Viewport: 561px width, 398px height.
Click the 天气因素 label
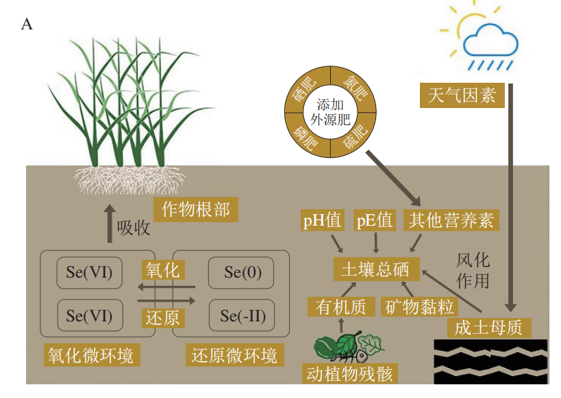pyautogui.click(x=461, y=94)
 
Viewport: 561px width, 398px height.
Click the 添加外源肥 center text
pyautogui.click(x=331, y=112)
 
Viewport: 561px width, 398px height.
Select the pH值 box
pyautogui.click(x=322, y=221)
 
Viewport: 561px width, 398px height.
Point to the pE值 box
pyautogui.click(x=375, y=221)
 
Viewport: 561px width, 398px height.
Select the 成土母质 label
pyautogui.click(x=488, y=328)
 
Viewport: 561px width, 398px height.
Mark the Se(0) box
pyautogui.click(x=242, y=273)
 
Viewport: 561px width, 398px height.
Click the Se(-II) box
pyautogui.click(x=242, y=316)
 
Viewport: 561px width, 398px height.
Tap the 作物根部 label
pyautogui.click(x=195, y=210)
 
